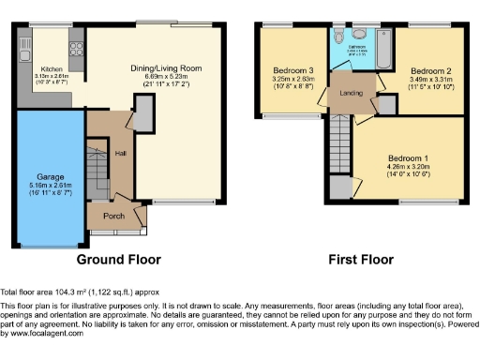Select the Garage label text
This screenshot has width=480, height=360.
pyautogui.click(x=50, y=175)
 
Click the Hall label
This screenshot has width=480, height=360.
pyautogui.click(x=120, y=152)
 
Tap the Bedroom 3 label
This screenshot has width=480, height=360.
pyautogui.click(x=293, y=70)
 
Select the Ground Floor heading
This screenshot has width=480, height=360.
pyautogui.click(x=118, y=260)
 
